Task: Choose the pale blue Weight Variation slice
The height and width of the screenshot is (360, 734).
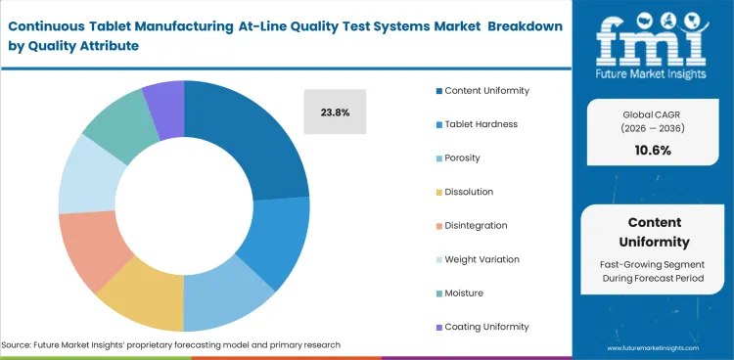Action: pos(87,177)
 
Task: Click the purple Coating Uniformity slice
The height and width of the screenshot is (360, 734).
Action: pos(164,98)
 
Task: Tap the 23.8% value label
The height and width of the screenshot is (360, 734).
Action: pos(335,112)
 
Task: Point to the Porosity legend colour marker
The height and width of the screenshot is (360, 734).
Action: pos(437,158)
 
